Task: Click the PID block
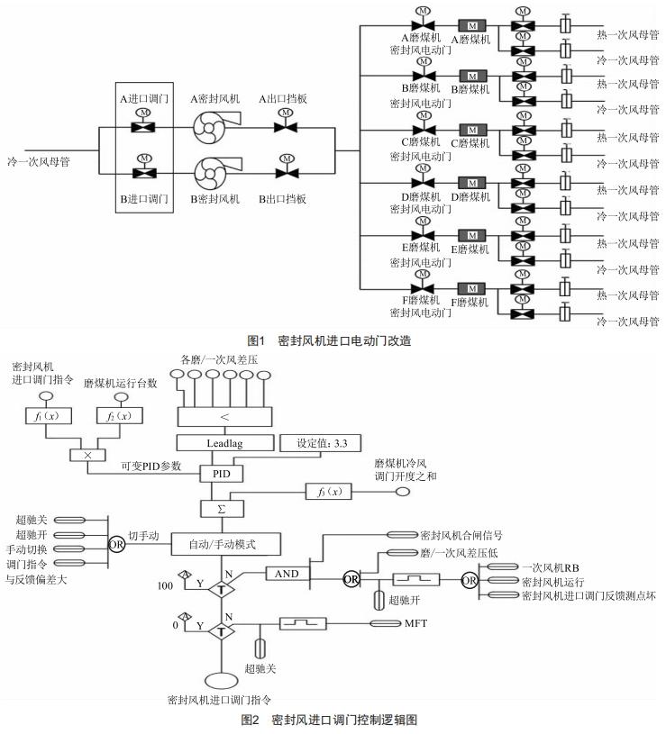tap(221, 473)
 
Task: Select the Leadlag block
tap(222, 444)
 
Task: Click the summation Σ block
tap(221, 509)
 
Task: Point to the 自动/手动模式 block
tap(223, 545)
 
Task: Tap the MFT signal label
tap(415, 622)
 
